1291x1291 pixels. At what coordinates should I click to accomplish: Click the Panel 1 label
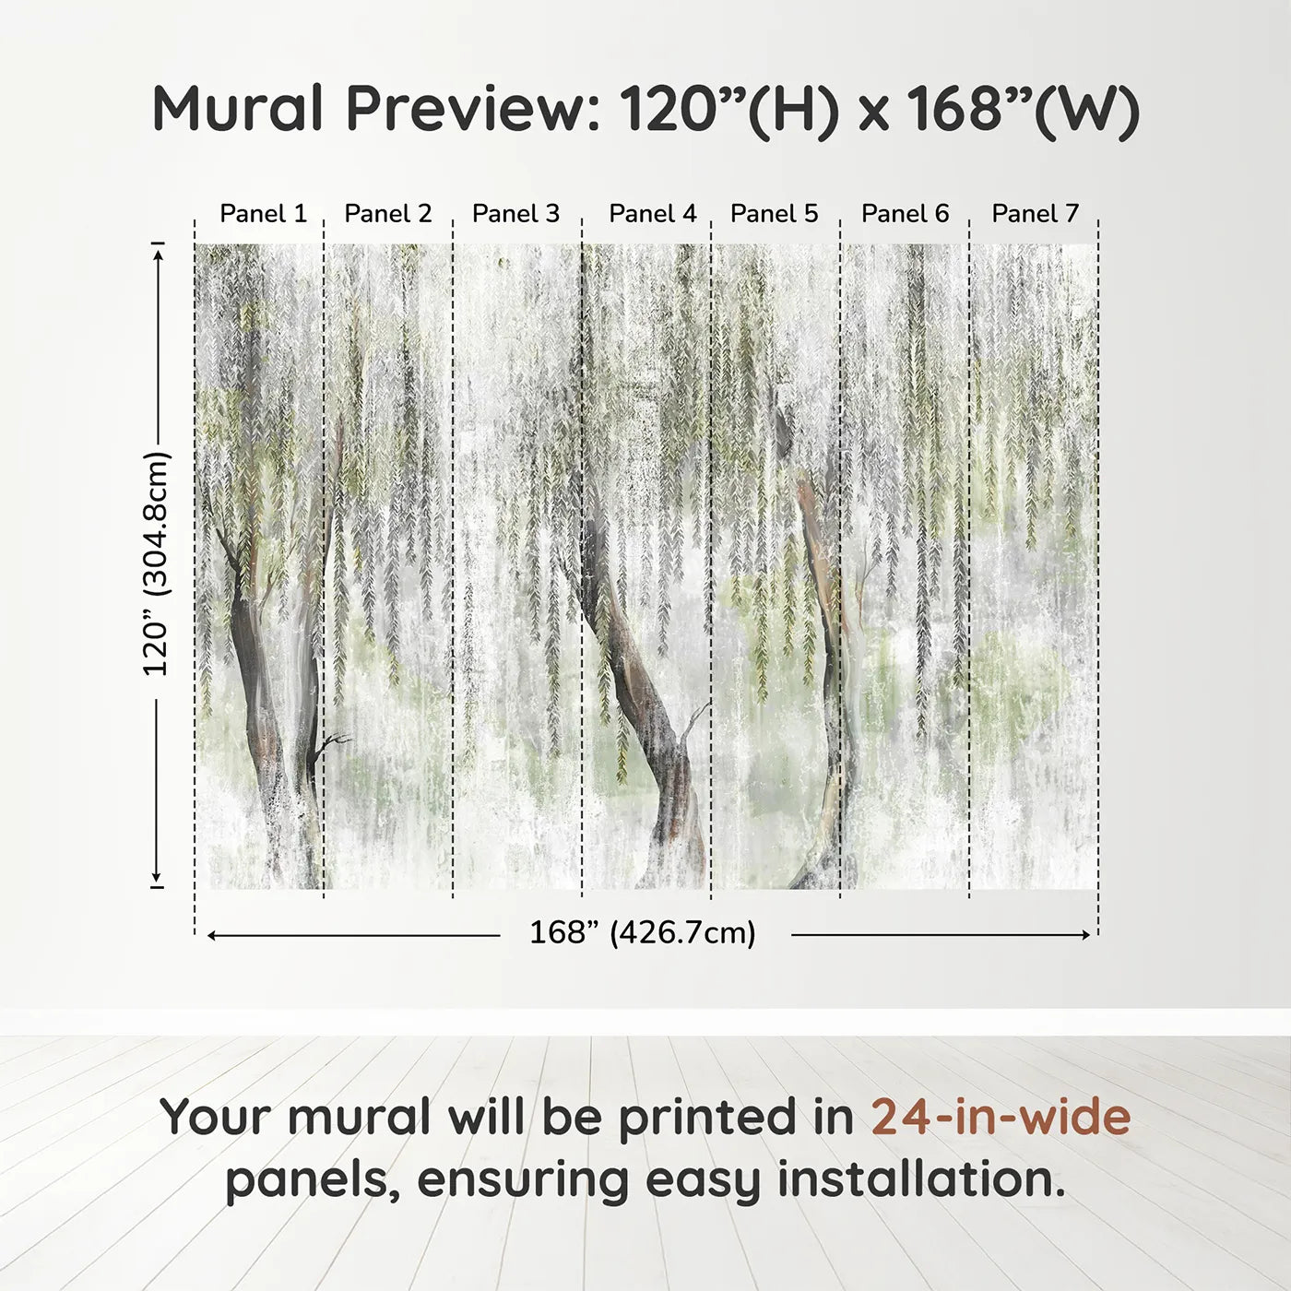pos(263,214)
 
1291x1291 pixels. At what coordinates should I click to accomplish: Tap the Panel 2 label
pos(387,214)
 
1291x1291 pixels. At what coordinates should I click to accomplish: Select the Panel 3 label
pos(515,214)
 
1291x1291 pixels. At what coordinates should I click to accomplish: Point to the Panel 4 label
pos(653,214)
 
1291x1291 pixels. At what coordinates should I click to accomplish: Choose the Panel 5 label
pos(774,214)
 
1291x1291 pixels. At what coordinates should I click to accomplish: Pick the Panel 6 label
pos(905,214)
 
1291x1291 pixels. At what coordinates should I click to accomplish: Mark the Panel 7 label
pos(1035,214)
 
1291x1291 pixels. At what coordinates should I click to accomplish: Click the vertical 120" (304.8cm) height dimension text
pos(157,564)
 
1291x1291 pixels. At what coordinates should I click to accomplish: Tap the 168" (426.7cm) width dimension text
pos(643,933)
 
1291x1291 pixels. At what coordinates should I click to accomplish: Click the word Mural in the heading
pos(238,109)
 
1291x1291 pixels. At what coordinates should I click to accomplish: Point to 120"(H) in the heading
pos(728,109)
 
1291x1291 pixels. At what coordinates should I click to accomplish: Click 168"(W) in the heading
pos(1023,109)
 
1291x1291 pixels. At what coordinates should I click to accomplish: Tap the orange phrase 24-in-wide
pos(1001,1118)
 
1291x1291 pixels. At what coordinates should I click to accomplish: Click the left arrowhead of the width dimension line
pos(212,935)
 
